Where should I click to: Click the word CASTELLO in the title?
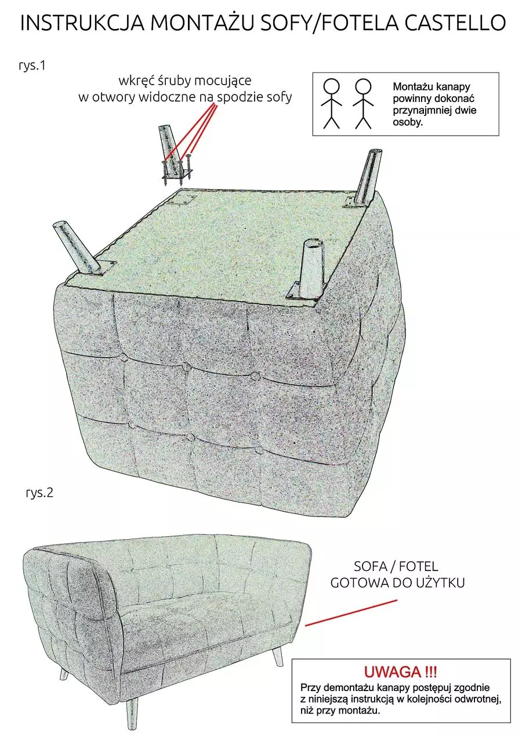455,23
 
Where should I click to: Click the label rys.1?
32,66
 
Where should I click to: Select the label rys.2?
39,493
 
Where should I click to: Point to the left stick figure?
331,103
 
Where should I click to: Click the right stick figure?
363,103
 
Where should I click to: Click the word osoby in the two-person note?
407,122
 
